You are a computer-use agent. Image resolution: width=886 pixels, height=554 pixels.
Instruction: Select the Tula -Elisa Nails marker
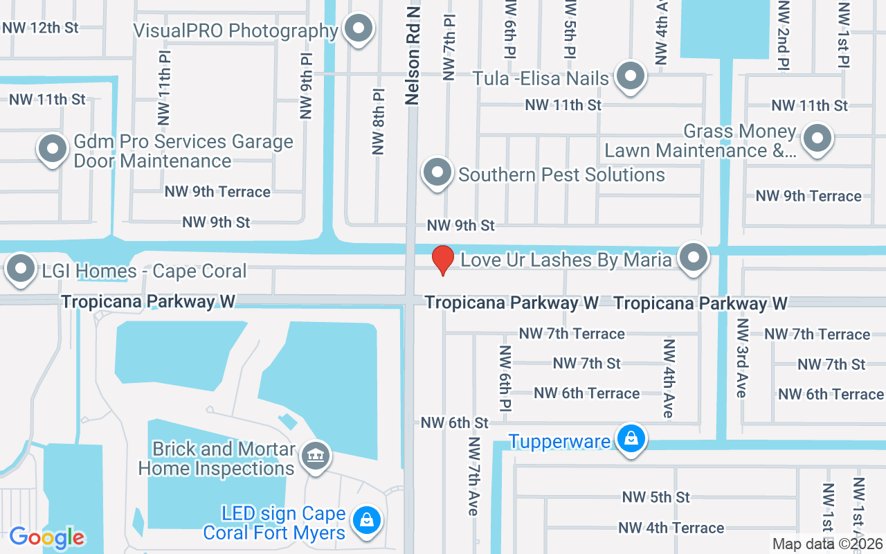(x=630, y=76)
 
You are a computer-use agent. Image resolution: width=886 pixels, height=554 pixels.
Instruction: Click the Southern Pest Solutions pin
(x=437, y=172)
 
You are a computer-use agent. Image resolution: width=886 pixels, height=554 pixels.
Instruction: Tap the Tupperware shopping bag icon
(x=631, y=439)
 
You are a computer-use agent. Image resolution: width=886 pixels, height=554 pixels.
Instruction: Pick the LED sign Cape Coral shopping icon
(x=366, y=521)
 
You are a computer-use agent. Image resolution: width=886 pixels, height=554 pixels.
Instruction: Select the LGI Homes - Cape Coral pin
(x=21, y=269)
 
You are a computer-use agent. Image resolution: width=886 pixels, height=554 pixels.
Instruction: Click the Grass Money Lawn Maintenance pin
(x=817, y=138)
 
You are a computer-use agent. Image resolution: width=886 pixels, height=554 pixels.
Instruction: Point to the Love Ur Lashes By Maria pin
(x=694, y=259)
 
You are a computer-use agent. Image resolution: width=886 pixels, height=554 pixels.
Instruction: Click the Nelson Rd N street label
(x=413, y=53)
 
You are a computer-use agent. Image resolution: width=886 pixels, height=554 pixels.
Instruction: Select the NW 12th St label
(x=40, y=28)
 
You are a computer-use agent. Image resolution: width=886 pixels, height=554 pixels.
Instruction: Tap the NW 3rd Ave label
(x=742, y=358)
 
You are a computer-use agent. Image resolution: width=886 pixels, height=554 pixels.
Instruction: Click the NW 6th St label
(x=454, y=422)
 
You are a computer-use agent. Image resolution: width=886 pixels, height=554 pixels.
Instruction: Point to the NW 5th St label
(x=656, y=497)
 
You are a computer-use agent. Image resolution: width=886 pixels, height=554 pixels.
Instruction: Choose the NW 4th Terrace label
(x=671, y=528)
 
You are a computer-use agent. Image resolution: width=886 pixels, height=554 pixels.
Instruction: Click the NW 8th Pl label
(x=378, y=121)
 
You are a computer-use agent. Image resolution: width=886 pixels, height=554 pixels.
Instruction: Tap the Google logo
(x=46, y=537)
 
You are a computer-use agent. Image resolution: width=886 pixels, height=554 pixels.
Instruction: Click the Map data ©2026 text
(x=827, y=544)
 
